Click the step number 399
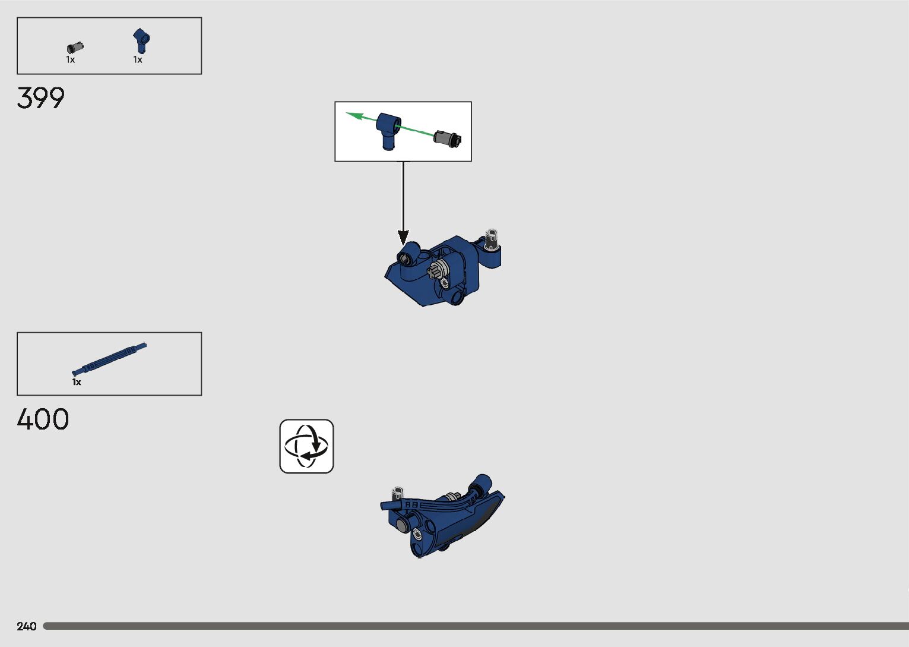click(40, 98)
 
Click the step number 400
click(43, 419)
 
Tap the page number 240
click(27, 626)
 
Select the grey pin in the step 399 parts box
click(75, 48)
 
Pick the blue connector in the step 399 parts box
click(141, 41)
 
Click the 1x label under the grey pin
click(71, 59)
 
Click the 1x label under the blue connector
click(138, 59)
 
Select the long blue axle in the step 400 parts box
click(110, 358)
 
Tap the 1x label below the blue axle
click(77, 382)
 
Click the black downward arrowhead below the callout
click(403, 237)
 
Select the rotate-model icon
click(306, 446)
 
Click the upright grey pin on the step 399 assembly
click(491, 238)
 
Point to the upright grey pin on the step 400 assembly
click(397, 494)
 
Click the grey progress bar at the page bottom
click(475, 626)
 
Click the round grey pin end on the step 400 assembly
click(403, 525)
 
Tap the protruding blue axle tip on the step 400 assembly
click(385, 506)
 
